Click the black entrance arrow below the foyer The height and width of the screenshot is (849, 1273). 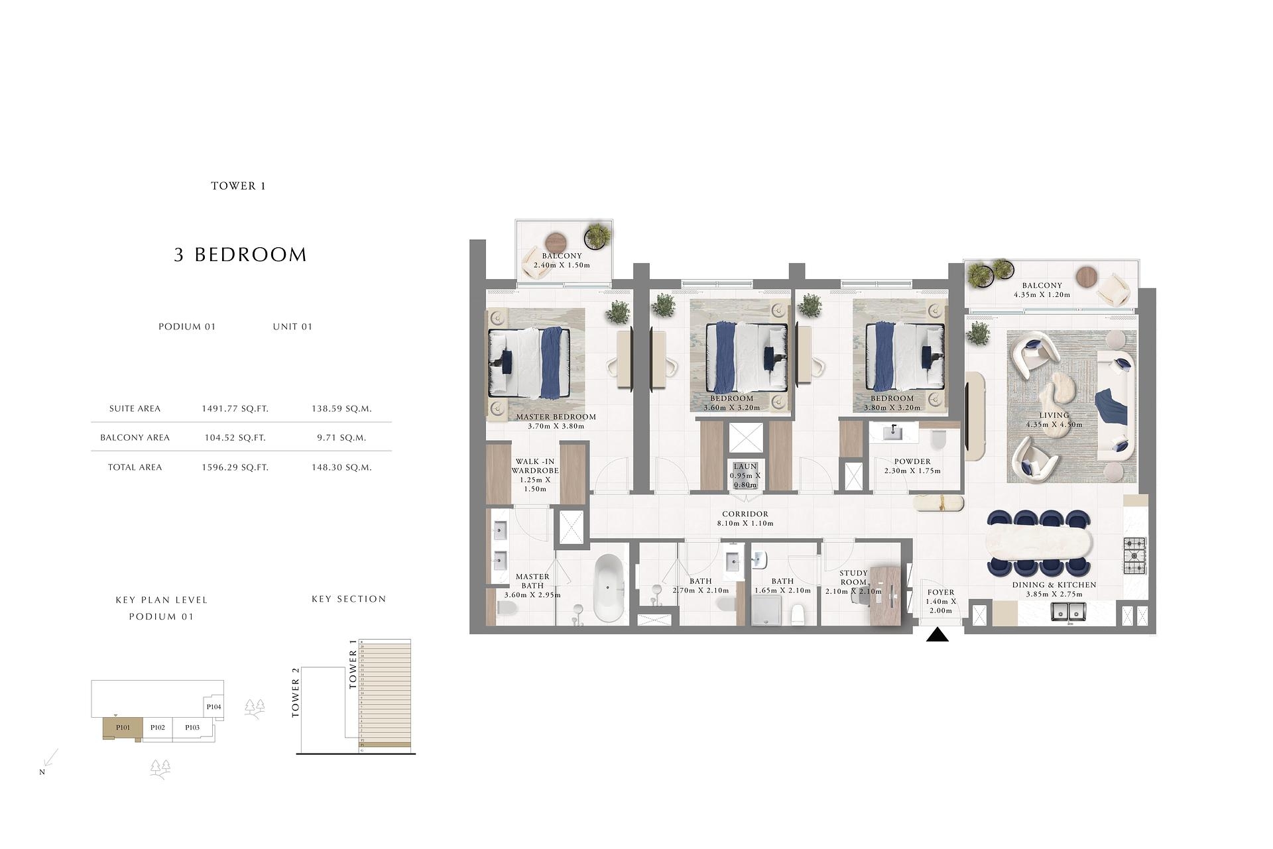point(937,636)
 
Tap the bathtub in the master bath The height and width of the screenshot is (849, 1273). point(609,587)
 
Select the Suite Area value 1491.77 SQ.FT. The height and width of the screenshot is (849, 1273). point(235,409)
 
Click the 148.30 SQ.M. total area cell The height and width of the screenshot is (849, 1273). point(341,467)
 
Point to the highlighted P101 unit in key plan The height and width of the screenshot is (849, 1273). point(123,728)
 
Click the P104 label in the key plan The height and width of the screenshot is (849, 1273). point(213,707)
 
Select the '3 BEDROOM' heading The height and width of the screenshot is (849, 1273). point(240,255)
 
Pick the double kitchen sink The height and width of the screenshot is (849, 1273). point(1067,611)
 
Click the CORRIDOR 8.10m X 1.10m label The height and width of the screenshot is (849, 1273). point(745,518)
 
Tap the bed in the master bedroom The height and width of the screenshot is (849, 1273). point(528,363)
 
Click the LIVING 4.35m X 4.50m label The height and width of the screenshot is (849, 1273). point(1054,420)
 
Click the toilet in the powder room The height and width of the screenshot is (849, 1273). point(938,440)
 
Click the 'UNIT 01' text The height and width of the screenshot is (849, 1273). point(292,327)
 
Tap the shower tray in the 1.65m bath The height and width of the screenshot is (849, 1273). point(766,610)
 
